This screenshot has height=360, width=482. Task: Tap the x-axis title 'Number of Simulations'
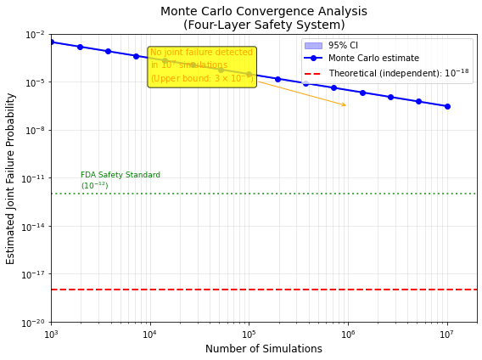tap(264, 349)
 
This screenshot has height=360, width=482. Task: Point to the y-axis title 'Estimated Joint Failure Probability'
tap(11, 178)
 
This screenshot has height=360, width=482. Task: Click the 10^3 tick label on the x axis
tap(51, 332)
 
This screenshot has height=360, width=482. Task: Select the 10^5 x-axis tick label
tap(249, 332)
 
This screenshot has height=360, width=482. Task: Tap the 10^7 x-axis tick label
tap(447, 332)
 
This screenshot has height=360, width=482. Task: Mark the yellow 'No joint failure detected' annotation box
tap(201, 66)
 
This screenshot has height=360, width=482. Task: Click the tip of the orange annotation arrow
tap(347, 106)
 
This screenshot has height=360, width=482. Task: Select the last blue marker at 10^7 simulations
tap(447, 106)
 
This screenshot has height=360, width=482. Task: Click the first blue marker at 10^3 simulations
tap(51, 42)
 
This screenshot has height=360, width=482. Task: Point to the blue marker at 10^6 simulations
tap(348, 90)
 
